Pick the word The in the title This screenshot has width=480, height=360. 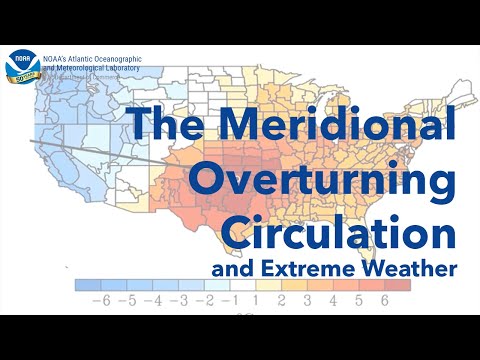(167, 127)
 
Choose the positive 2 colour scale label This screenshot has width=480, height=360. (283, 300)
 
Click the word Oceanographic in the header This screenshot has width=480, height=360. (112, 60)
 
